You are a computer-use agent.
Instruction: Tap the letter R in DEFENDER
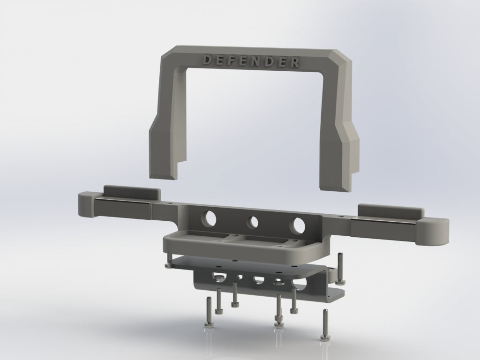click(x=295, y=62)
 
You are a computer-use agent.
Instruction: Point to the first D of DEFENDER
click(x=207, y=60)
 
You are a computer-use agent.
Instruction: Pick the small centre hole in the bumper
click(x=253, y=222)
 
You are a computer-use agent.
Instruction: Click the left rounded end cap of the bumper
click(x=86, y=204)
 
